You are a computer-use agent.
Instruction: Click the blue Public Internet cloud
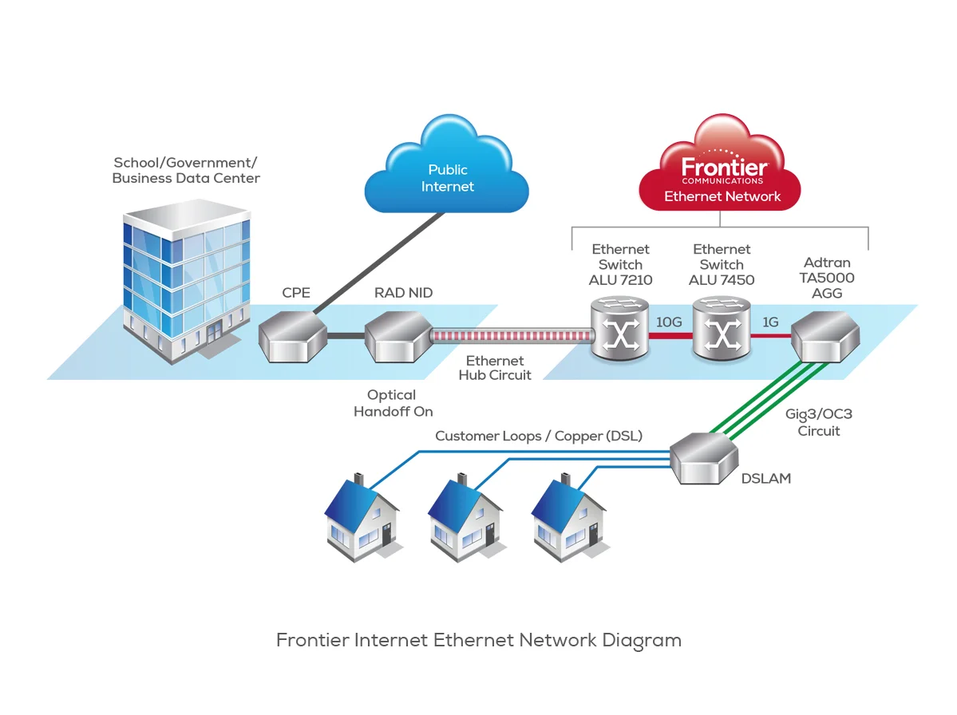point(447,178)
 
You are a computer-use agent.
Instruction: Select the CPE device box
point(294,337)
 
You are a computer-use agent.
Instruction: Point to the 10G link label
point(669,323)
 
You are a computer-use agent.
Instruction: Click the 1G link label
point(770,323)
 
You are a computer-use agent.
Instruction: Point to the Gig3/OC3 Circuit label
point(819,423)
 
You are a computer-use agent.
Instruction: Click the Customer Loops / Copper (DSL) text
point(539,437)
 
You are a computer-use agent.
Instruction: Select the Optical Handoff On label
point(393,403)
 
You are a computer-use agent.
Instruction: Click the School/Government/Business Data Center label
point(186,170)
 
